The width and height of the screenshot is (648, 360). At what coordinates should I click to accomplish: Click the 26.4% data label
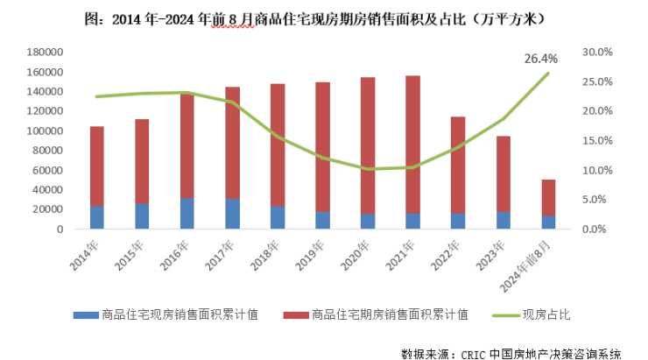pos(541,59)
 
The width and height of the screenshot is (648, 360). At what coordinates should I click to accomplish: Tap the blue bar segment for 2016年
pos(187,213)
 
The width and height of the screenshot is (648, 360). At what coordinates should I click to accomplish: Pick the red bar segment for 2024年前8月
pos(548,197)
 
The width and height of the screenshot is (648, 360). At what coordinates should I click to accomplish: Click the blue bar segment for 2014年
pos(96,217)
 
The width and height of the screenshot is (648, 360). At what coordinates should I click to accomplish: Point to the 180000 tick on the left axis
pos(45,52)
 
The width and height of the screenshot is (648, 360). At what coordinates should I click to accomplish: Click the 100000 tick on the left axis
pos(45,131)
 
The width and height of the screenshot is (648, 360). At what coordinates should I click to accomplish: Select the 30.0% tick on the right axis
pos(596,52)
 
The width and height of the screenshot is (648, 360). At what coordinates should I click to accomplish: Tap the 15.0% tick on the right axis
pos(596,140)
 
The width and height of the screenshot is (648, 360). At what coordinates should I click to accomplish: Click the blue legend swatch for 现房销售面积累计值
pos(86,315)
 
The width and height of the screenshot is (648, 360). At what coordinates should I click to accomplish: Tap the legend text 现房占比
pos(547,315)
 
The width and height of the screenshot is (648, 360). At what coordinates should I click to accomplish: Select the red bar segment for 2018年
pos(277,145)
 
